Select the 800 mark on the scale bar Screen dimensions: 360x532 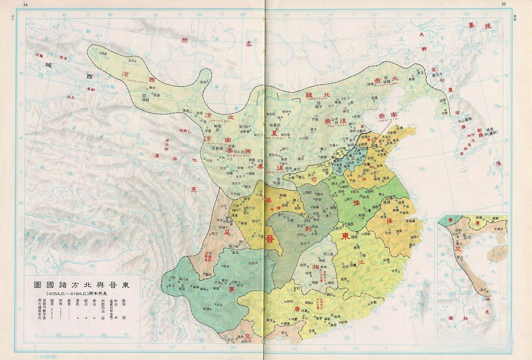126,335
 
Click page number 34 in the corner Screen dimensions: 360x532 25,4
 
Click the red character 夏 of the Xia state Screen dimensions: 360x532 274,133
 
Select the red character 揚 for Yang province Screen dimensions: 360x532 389,221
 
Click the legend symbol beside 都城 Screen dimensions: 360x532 124,318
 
